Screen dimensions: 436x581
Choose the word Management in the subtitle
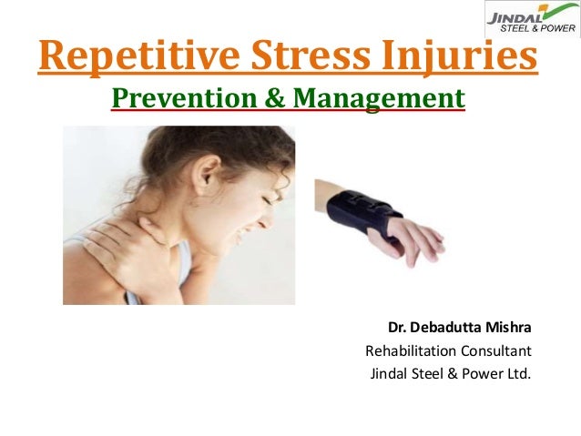pos(375,97)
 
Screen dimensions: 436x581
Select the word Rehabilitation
pos(407,350)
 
